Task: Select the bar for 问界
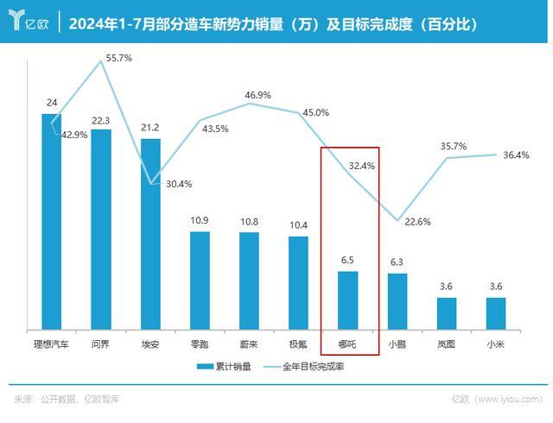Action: coord(101,230)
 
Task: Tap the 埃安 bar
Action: coord(150,234)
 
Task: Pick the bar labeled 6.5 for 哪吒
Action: coord(347,300)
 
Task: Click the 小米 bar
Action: coord(495,313)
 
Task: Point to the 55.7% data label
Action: coord(118,57)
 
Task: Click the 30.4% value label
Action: coord(179,183)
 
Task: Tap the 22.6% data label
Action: coord(417,222)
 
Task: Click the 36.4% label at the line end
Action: coord(517,155)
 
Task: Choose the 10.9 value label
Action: coord(200,220)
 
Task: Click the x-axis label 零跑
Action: coord(200,343)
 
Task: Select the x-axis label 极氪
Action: coord(298,343)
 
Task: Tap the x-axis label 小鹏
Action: coord(397,343)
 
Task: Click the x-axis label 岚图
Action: coord(446,343)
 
